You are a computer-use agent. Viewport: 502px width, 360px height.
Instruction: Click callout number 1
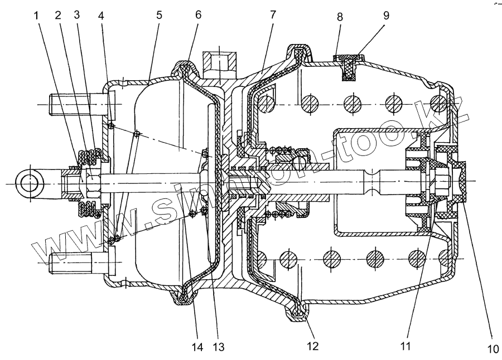pos(37,17)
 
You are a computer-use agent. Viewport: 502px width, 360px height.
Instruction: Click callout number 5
pos(160,17)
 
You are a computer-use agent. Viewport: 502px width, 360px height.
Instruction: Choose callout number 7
pos(273,17)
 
